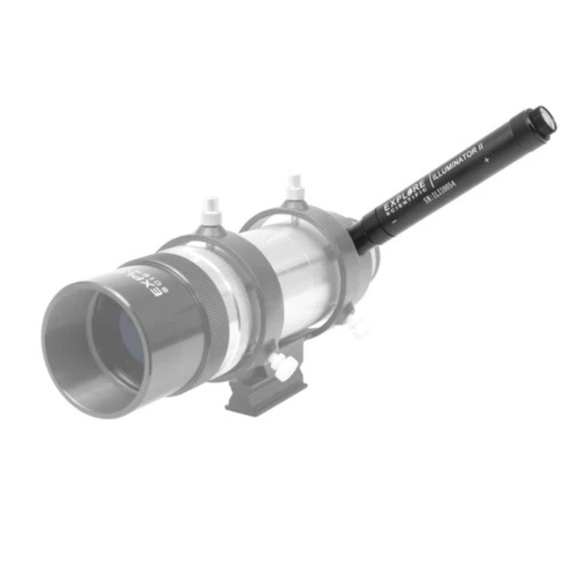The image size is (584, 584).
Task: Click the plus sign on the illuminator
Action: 487,159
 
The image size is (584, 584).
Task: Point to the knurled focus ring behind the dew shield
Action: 210,310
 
